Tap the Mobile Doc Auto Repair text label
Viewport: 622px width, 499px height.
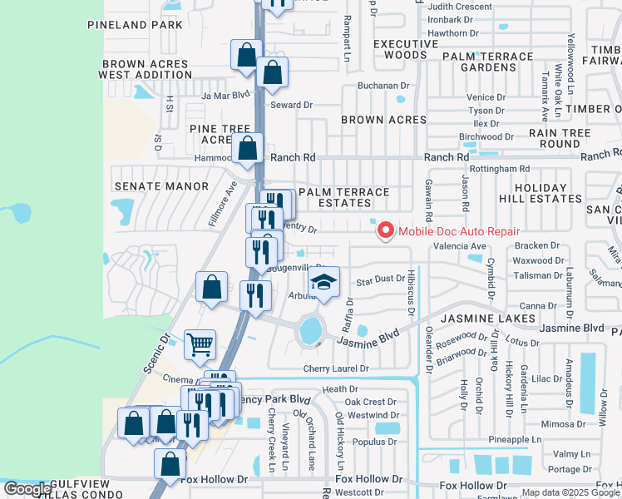[459, 232]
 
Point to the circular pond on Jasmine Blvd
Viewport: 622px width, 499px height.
[311, 331]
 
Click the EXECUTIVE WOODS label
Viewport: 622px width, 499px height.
[406, 49]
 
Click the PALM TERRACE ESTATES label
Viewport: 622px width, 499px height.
[344, 197]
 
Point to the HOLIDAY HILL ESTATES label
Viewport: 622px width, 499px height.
[533, 194]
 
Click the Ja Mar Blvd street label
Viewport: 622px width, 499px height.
[225, 96]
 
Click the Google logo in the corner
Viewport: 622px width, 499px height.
[27, 489]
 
